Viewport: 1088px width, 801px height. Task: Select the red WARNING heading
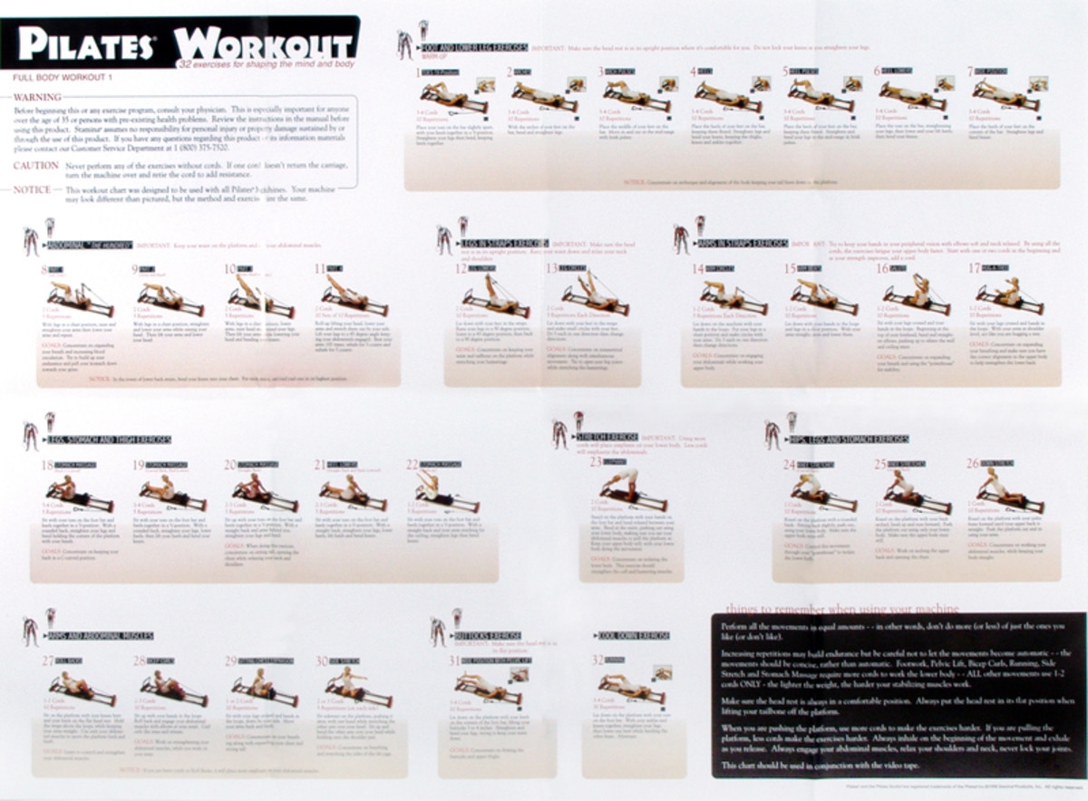coord(37,97)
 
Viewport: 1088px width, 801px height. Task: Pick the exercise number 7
coord(969,71)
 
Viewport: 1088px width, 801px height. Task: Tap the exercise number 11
coord(319,269)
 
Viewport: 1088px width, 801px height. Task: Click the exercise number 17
coord(974,269)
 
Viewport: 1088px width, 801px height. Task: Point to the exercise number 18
coord(47,466)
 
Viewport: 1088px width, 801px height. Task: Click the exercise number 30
coord(321,661)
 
